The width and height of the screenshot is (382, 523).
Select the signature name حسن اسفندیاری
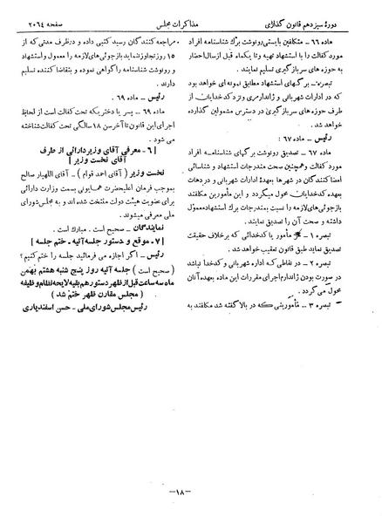[70, 350]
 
